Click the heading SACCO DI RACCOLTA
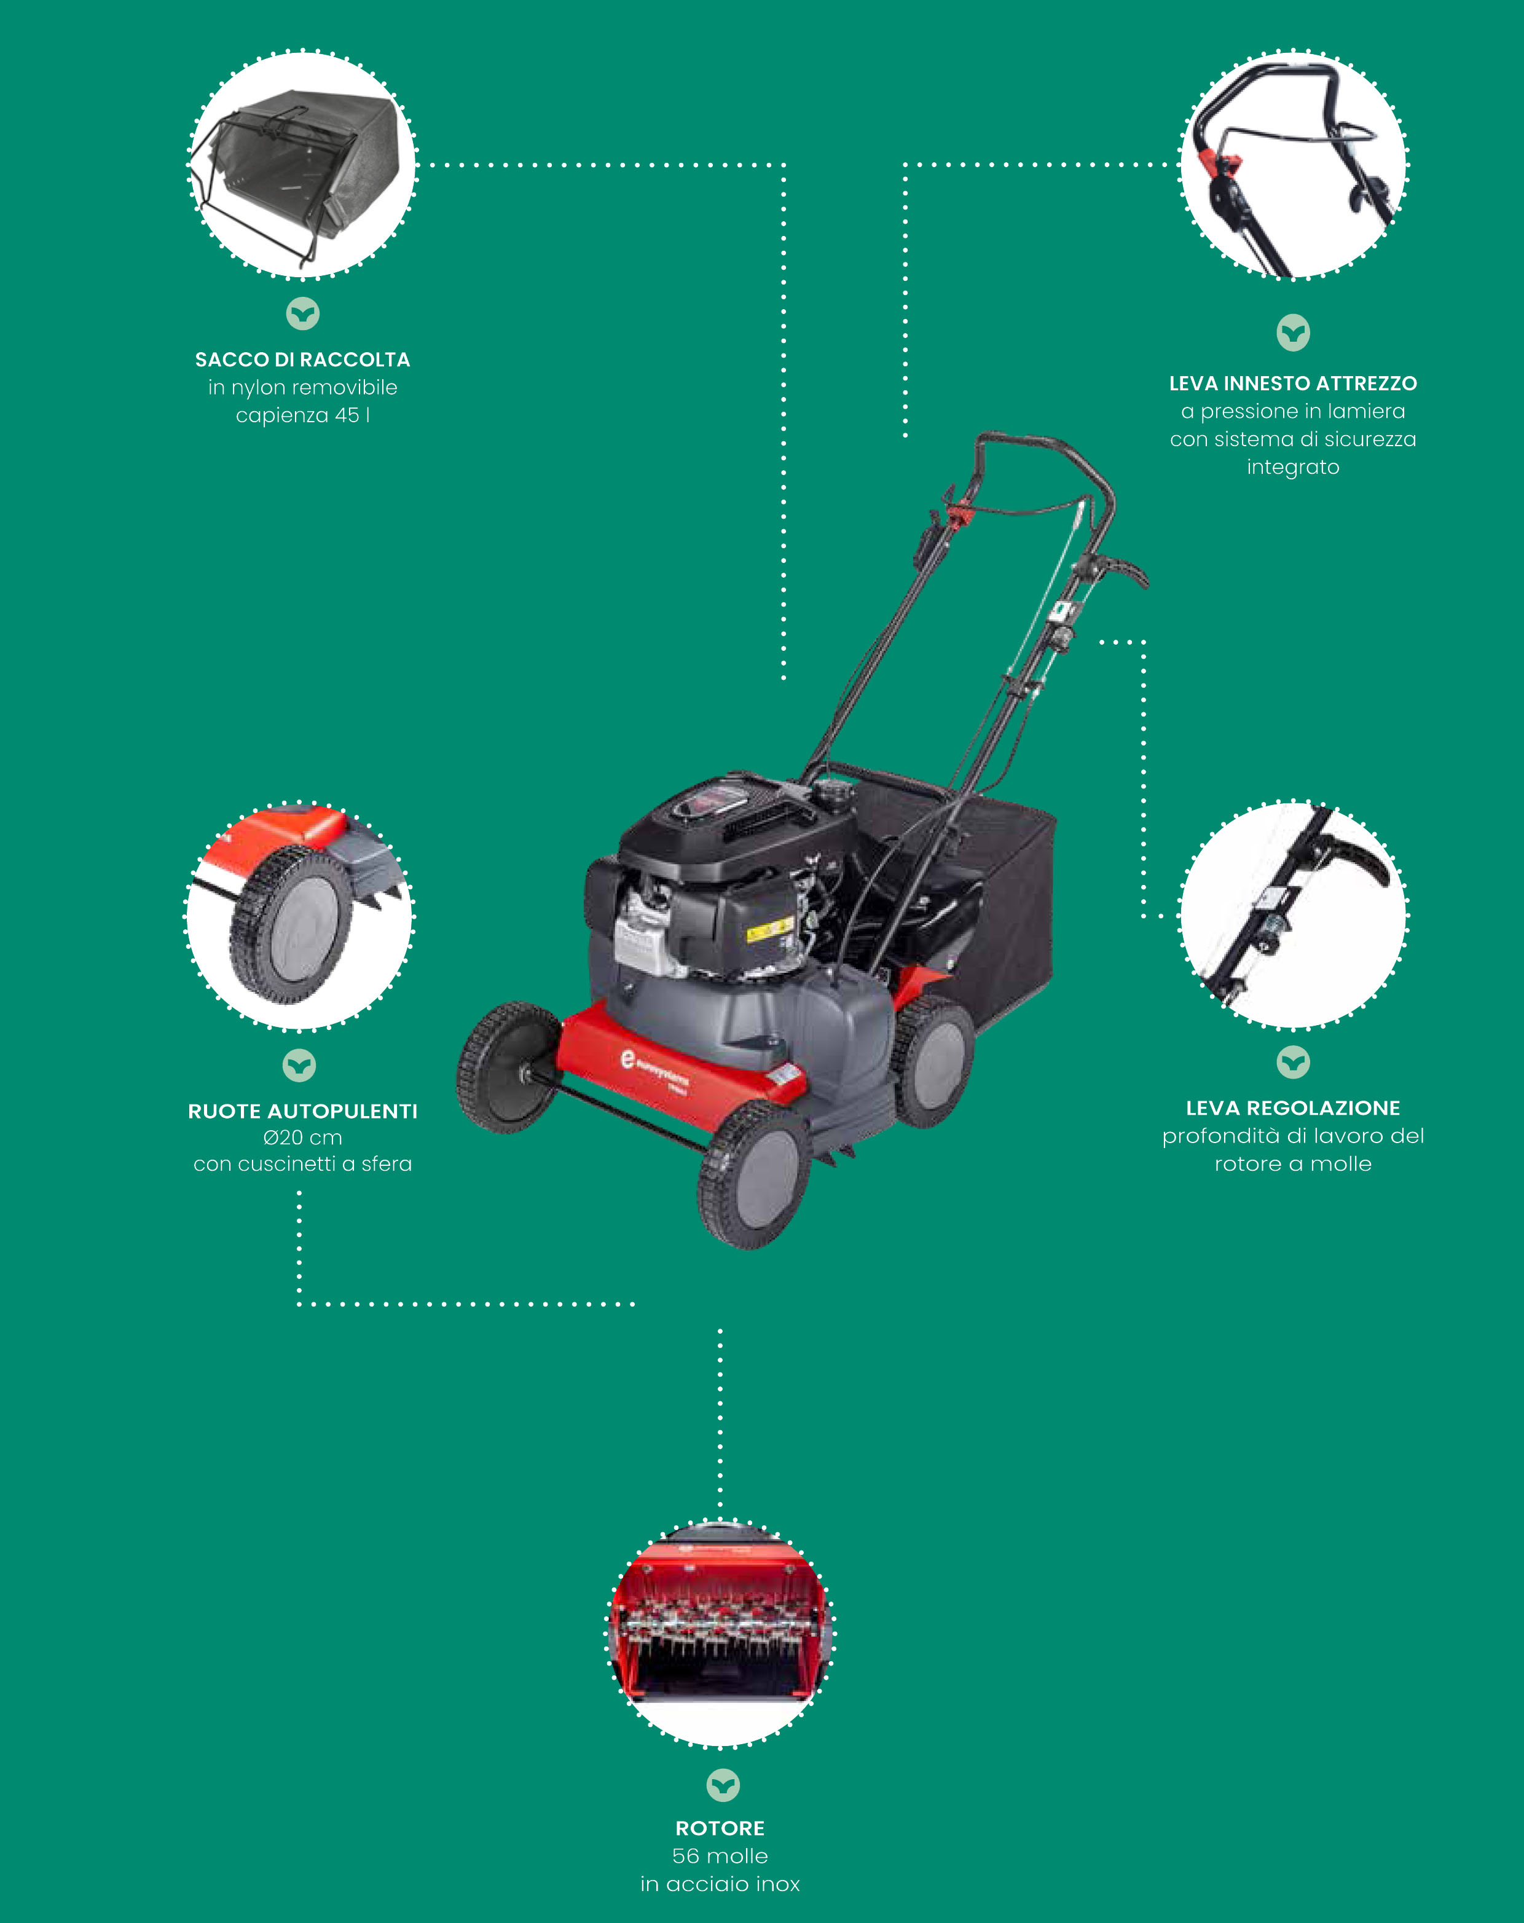point(302,360)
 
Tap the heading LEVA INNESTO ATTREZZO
point(1293,383)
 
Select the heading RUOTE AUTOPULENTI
point(302,1111)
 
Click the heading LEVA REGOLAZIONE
point(1293,1108)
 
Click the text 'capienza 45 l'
point(302,415)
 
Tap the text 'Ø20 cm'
point(302,1138)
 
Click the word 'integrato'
point(1293,467)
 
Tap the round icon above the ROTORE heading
point(723,1786)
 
